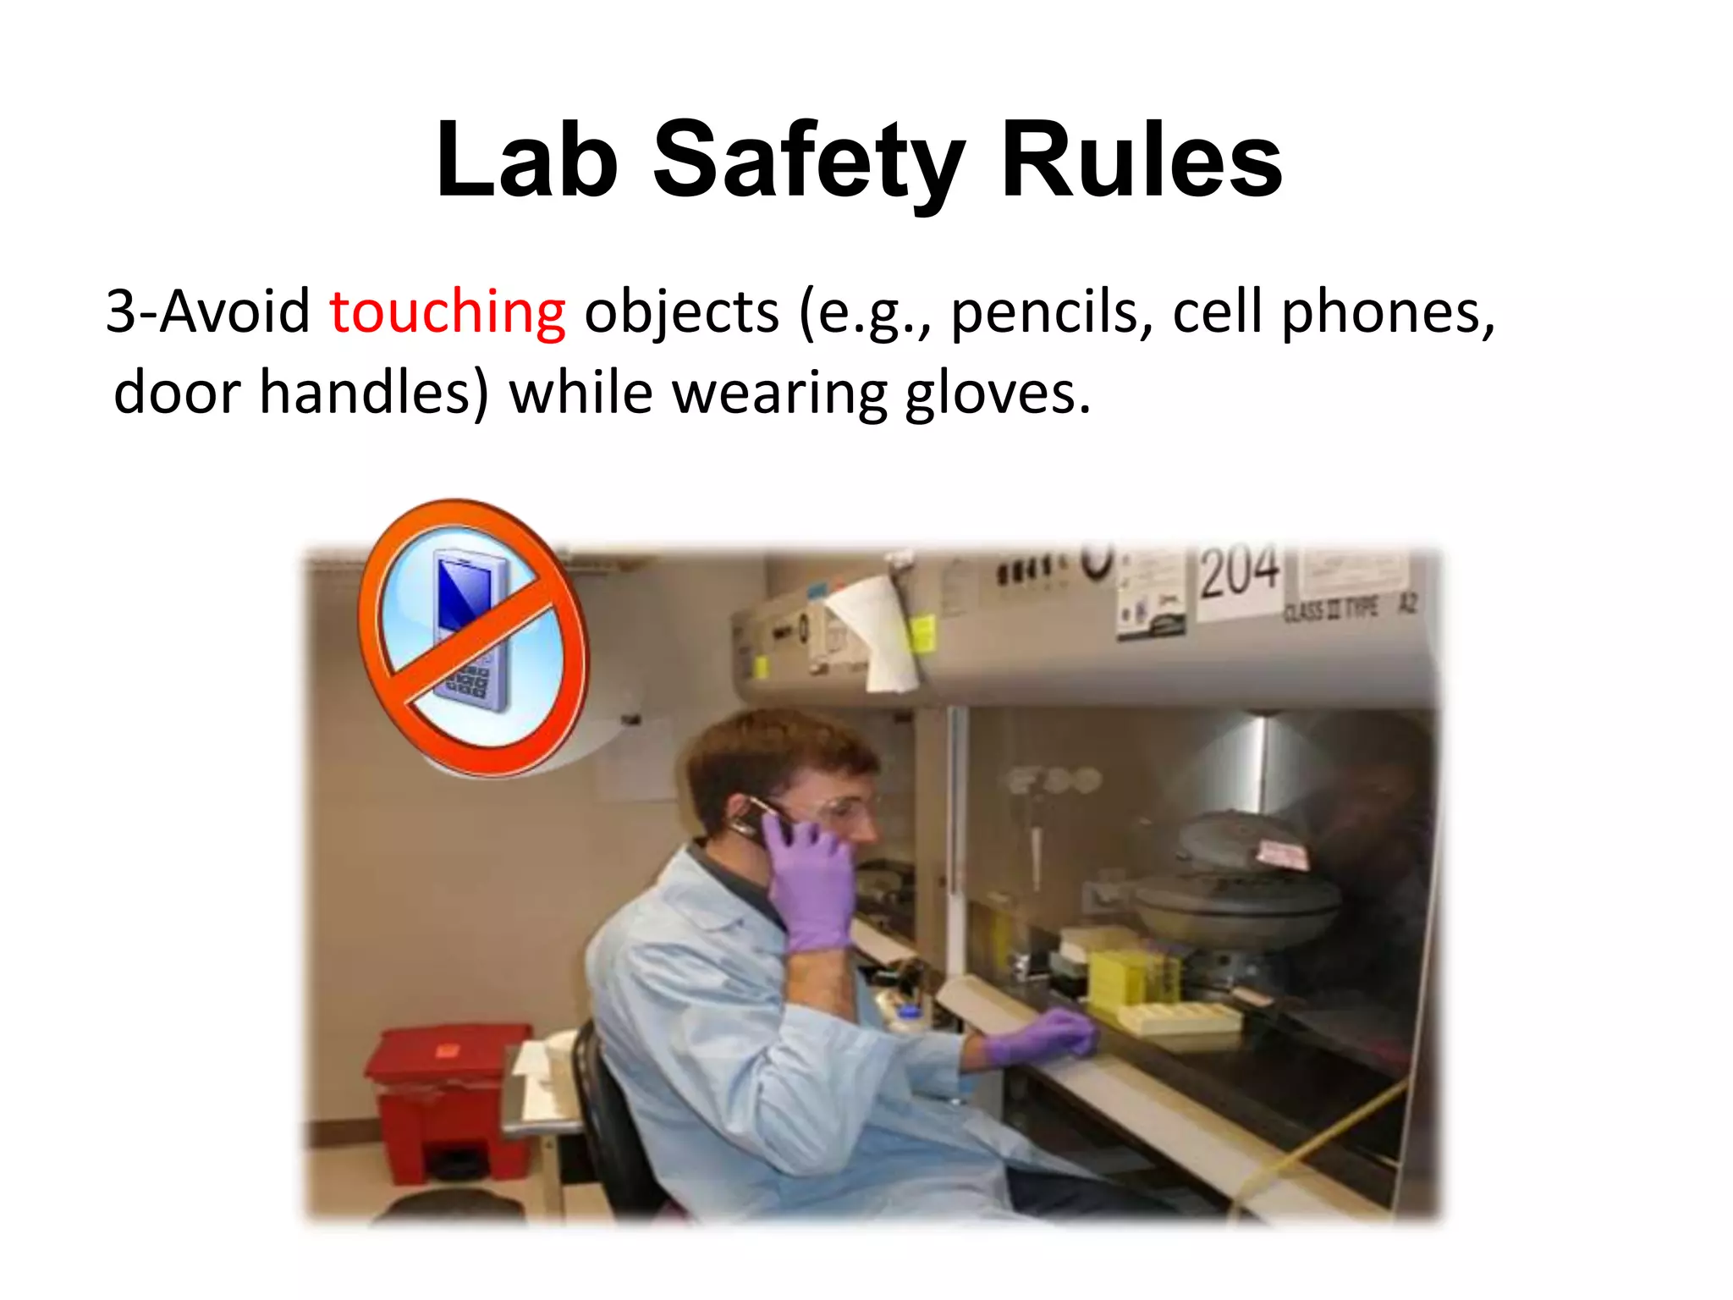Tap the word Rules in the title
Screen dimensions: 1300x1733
tap(1142, 161)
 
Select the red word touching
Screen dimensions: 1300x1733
tap(447, 312)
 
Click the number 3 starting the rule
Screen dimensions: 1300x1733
tap(121, 312)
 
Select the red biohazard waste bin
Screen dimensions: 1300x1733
tap(449, 1100)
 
